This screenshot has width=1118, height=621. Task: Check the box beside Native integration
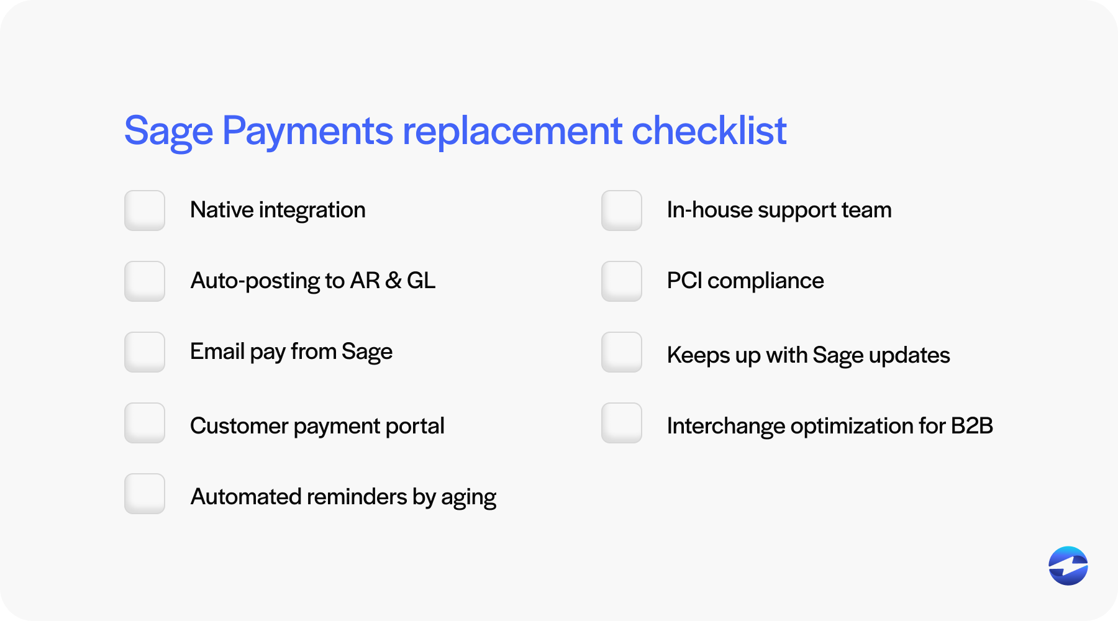click(145, 211)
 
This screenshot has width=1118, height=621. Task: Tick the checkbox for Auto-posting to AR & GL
click(145, 281)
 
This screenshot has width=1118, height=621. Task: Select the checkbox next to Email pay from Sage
click(145, 352)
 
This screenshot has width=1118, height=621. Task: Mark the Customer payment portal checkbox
click(145, 423)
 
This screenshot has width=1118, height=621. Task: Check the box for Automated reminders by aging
click(145, 494)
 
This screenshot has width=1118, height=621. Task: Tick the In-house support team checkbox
click(622, 211)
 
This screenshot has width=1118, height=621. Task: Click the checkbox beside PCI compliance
click(622, 281)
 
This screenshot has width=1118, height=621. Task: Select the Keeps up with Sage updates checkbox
click(622, 352)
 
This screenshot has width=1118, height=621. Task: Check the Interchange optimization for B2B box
click(622, 423)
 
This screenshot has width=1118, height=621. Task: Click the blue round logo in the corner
click(1068, 566)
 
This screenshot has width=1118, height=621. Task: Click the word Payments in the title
click(307, 132)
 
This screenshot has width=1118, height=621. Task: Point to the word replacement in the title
click(512, 132)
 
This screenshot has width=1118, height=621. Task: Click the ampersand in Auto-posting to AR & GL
click(393, 281)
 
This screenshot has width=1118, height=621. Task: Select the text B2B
click(971, 426)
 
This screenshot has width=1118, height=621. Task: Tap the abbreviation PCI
click(684, 281)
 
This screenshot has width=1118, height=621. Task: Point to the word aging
click(468, 498)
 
